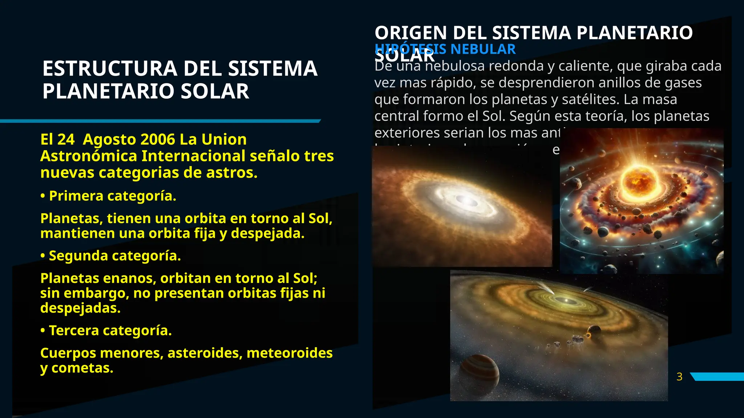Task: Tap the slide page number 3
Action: (679, 377)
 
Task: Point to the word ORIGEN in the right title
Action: (411, 33)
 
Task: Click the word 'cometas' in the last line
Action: (82, 368)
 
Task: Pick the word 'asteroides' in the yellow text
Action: (205, 353)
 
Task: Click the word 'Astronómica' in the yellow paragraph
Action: (89, 156)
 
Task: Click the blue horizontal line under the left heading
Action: (160, 121)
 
